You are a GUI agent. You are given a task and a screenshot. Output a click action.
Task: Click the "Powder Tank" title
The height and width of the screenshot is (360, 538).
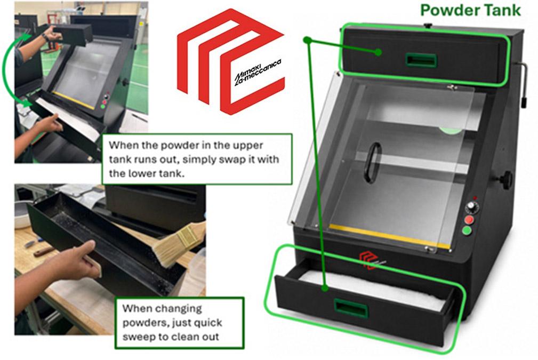tap(470, 10)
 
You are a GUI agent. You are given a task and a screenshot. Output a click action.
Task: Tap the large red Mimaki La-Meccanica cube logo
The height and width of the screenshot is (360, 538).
tap(230, 61)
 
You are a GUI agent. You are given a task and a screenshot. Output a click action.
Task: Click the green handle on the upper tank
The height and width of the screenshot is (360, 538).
tap(421, 61)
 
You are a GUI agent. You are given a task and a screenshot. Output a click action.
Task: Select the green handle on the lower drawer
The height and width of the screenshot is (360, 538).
tap(351, 308)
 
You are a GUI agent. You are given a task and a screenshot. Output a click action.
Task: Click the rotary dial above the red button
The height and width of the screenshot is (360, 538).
tap(472, 207)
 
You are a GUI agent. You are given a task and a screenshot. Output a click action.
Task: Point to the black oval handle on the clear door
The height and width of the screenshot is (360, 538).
tap(373, 162)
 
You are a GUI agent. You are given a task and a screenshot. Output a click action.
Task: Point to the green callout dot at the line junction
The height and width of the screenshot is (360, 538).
tap(308, 40)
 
